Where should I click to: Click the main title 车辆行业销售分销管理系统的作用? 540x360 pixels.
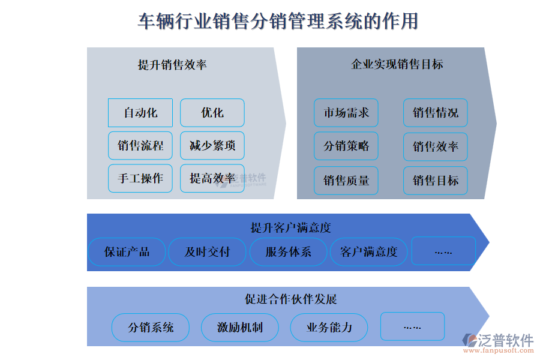tap(278, 21)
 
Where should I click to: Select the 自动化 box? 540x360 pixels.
tap(140, 113)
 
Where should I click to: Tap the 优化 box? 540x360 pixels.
tap(212, 113)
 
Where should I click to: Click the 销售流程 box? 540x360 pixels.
tap(140, 146)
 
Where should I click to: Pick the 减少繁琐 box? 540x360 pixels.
tap(212, 146)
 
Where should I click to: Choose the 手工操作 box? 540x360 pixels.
tap(140, 178)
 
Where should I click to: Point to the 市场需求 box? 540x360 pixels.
tap(346, 113)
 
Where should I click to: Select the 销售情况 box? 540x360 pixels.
tap(435, 113)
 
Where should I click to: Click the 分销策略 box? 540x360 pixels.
tap(346, 146)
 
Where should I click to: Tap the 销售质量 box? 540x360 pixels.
tap(346, 181)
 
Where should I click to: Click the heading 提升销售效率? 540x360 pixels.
tap(172, 65)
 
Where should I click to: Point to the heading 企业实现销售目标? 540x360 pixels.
tap(397, 64)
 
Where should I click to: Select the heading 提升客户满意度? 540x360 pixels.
tap(290, 228)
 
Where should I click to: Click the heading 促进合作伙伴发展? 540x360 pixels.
tap(291, 299)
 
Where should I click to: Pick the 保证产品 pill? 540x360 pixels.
tap(127, 252)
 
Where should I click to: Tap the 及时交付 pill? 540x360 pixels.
tap(207, 252)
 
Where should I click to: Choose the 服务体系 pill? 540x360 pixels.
tap(288, 252)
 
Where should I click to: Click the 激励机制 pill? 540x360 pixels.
tap(240, 328)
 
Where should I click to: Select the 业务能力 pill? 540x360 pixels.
tap(329, 328)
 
